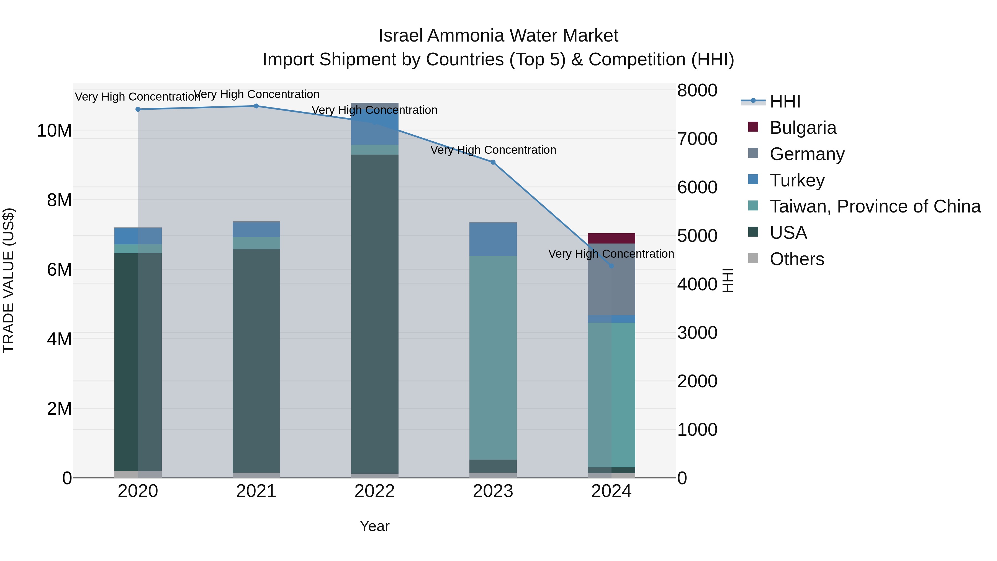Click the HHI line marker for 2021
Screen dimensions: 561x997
point(256,106)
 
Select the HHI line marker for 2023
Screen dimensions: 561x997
point(493,162)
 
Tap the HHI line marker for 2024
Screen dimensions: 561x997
point(611,266)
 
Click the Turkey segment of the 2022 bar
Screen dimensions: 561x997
point(375,124)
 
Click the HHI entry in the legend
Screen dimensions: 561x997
point(785,101)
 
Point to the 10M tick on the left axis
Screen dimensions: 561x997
point(54,131)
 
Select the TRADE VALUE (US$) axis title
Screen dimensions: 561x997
point(9,280)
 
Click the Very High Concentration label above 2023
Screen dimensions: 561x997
point(493,150)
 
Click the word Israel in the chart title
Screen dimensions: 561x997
point(401,36)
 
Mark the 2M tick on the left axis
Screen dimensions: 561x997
point(59,409)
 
